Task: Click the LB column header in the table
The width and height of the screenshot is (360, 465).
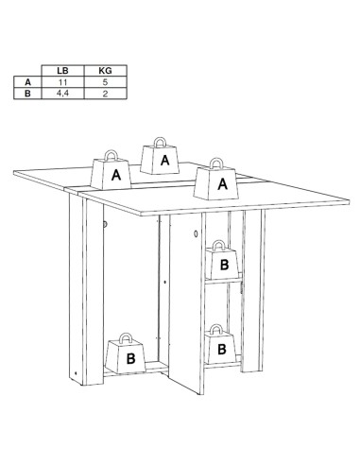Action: click(x=61, y=70)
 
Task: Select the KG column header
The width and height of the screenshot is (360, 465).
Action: click(x=105, y=70)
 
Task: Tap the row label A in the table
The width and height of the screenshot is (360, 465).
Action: click(x=27, y=82)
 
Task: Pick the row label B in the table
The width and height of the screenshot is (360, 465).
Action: click(x=27, y=95)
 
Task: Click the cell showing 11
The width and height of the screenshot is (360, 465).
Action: click(x=61, y=82)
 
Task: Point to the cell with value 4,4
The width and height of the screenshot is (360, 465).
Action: click(x=61, y=95)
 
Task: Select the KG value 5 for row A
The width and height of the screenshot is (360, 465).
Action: click(x=105, y=82)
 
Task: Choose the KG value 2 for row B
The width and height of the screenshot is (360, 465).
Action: click(x=105, y=95)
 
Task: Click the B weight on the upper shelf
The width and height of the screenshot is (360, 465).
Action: click(x=223, y=265)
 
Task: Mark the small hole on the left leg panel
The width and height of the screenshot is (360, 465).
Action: click(x=105, y=224)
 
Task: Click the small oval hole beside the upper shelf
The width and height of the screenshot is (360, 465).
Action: click(x=194, y=234)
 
